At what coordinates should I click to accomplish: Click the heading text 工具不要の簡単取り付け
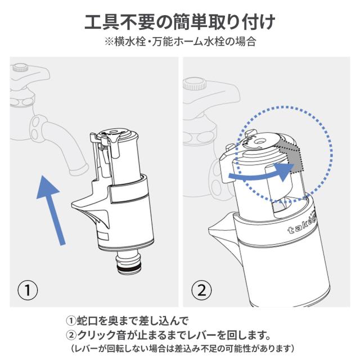click(180, 22)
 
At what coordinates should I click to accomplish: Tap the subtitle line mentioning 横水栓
click(180, 42)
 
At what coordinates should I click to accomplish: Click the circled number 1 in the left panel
click(28, 290)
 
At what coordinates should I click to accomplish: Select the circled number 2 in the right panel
click(201, 290)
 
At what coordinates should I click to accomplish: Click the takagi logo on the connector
click(303, 226)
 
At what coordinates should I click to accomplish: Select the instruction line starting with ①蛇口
click(127, 321)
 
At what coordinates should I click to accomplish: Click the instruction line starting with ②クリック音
click(168, 336)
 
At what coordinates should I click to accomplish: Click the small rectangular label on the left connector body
click(102, 236)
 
